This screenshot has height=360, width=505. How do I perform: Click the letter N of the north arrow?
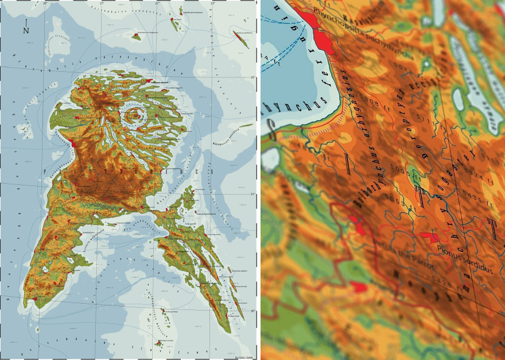[26, 31]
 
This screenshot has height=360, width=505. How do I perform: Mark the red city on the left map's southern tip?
[36, 299]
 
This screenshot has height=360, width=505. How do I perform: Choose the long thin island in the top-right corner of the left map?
[240, 40]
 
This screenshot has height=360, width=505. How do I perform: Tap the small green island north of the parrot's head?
[136, 37]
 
